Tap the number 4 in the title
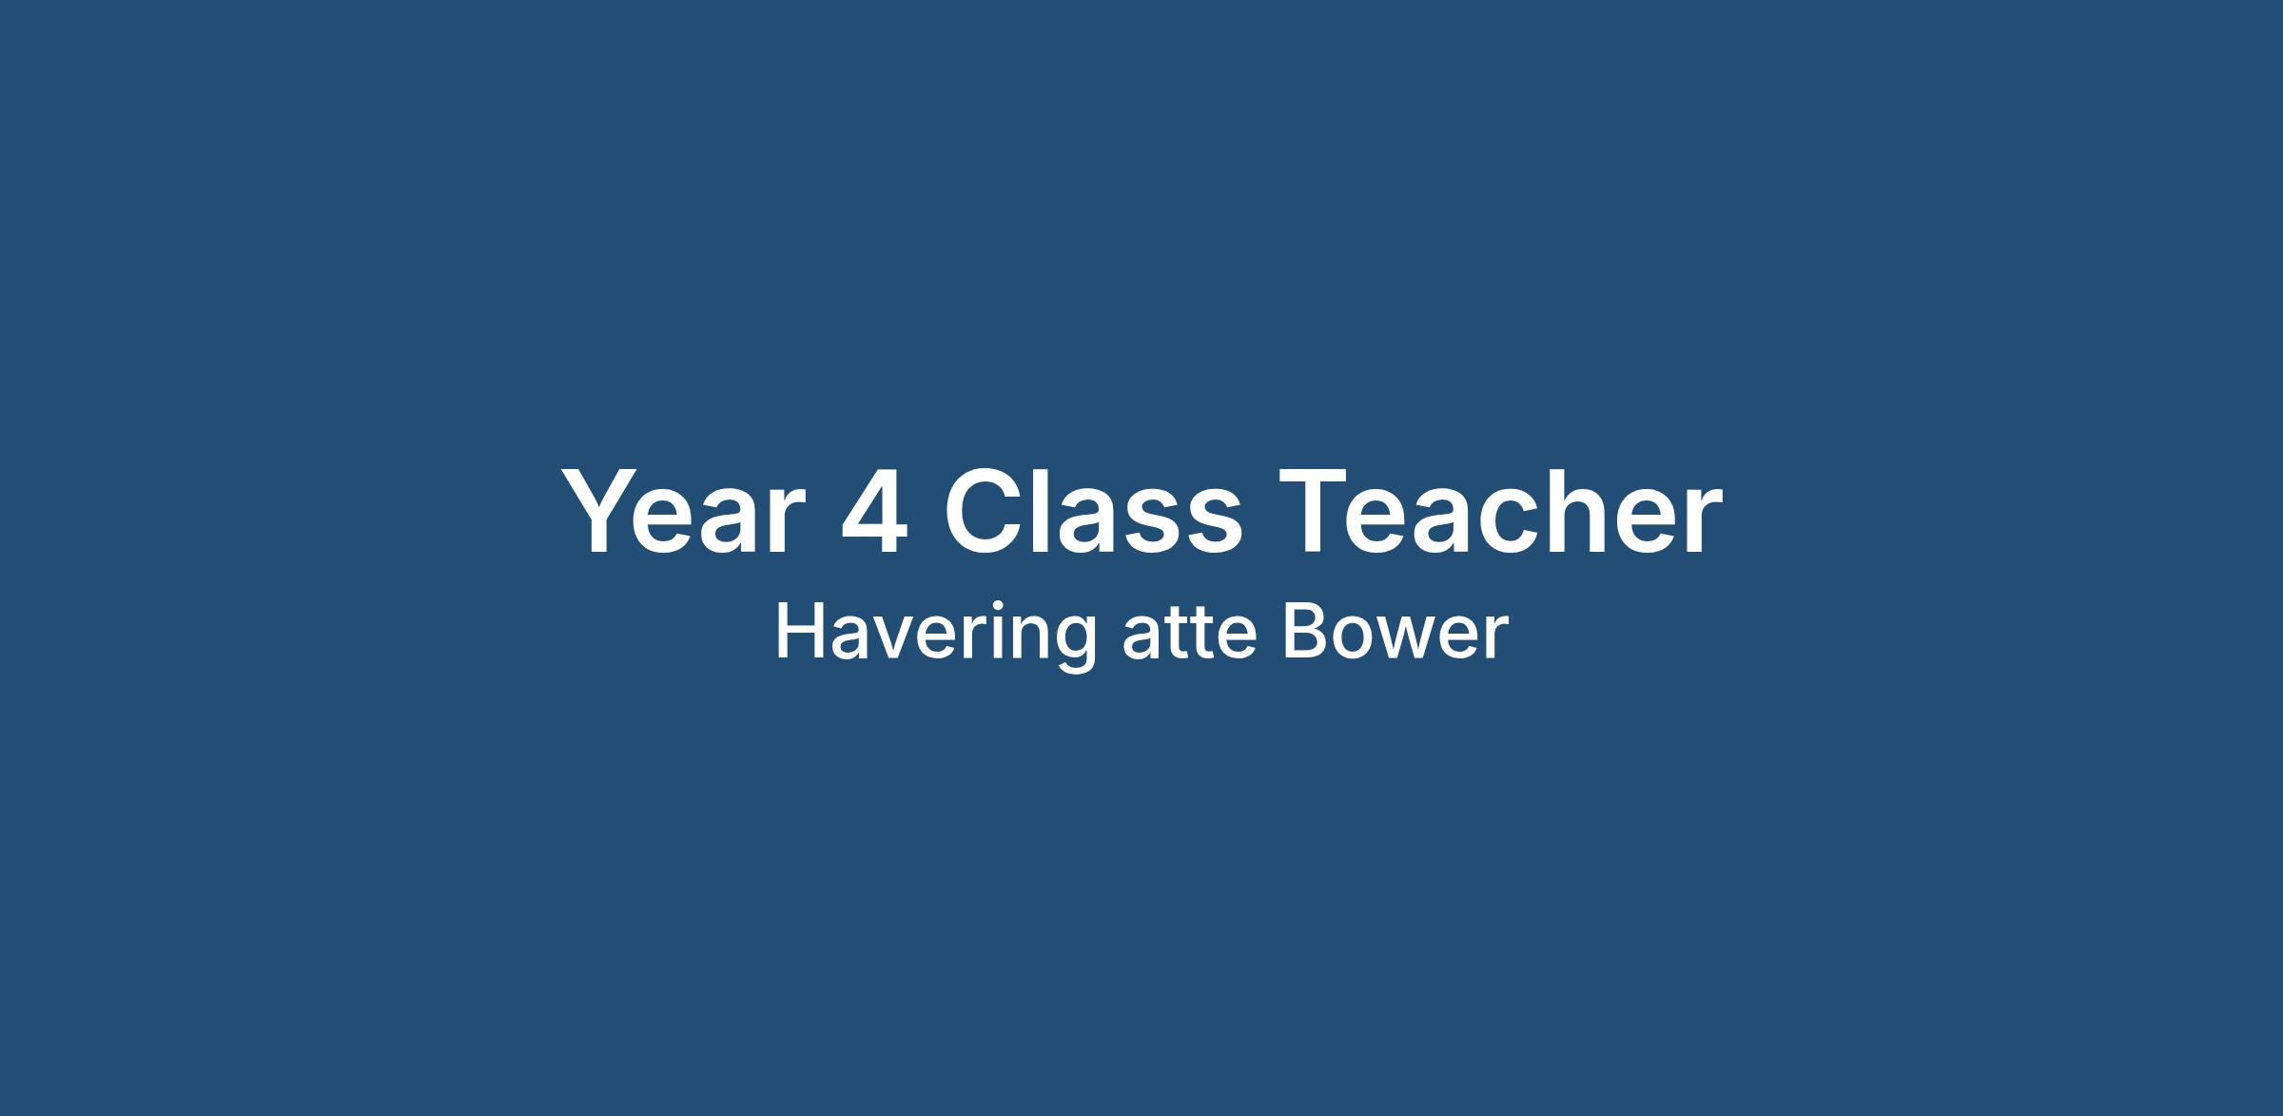click(873, 512)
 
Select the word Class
click(1093, 512)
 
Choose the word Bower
click(1395, 634)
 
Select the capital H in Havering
click(799, 633)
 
